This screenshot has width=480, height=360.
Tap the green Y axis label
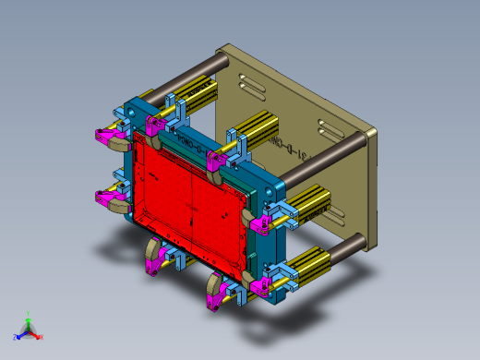tap(29, 313)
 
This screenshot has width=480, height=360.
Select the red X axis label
tap(41, 337)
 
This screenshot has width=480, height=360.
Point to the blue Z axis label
tap(16, 338)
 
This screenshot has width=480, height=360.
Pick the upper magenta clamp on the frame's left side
tap(110, 138)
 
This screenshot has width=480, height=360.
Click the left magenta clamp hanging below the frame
tap(151, 262)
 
